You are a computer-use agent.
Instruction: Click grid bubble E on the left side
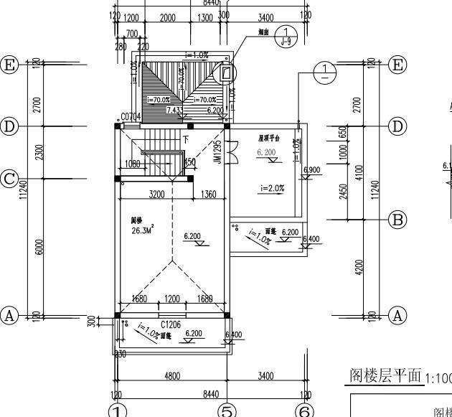point(9,64)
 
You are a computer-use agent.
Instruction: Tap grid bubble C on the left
point(9,178)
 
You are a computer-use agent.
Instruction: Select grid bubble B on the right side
point(397,220)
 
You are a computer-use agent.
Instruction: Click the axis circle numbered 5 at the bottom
point(227,411)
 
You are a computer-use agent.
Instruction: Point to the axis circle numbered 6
point(306,411)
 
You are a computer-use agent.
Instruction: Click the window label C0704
point(130,116)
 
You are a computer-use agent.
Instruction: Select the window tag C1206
point(170,324)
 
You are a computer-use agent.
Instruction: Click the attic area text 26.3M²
point(142,231)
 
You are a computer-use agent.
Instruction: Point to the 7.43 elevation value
point(173,111)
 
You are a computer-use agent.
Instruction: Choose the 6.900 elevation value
point(312,169)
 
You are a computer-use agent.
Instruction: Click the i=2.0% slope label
point(273,188)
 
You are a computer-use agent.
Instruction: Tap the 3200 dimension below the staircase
point(156,194)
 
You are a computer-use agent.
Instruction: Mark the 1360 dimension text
point(209,194)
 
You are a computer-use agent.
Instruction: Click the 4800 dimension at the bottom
point(172,375)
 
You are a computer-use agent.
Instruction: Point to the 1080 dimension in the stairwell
point(133,164)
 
